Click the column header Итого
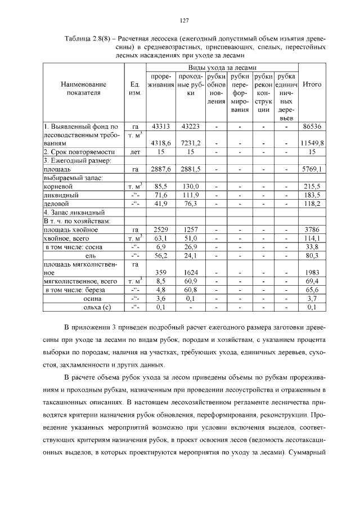tap(312, 84)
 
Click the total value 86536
tap(312, 127)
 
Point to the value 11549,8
tap(312, 144)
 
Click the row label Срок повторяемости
tap(83, 152)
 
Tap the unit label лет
tap(134, 152)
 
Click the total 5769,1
tap(312, 169)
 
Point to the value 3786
tap(312, 229)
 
